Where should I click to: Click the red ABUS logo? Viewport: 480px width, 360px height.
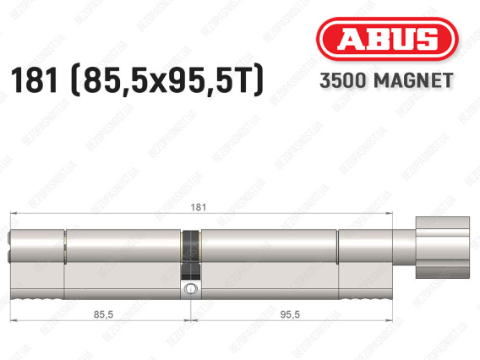[x=387, y=39]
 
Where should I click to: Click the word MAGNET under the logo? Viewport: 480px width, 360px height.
[x=413, y=80]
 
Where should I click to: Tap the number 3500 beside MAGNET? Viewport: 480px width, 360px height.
[x=343, y=80]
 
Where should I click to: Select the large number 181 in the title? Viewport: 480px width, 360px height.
[x=34, y=80]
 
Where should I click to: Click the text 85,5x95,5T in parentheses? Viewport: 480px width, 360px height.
[x=166, y=80]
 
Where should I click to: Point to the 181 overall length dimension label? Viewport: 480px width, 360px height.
[x=198, y=207]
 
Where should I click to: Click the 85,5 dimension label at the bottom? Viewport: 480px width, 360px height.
[x=103, y=314]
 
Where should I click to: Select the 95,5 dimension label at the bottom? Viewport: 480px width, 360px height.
[x=290, y=314]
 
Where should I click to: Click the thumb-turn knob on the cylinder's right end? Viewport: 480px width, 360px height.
[x=442, y=248]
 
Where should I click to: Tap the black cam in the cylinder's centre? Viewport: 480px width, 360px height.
[x=190, y=254]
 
